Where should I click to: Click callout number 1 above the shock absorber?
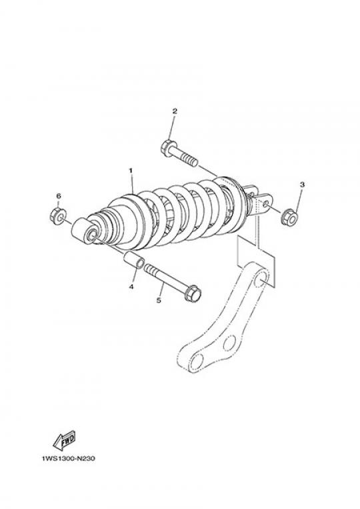131,170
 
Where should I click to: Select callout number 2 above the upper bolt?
175,111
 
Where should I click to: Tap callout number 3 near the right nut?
302,185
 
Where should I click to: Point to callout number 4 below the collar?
131,286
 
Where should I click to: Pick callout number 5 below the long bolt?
159,300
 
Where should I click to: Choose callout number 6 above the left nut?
59,196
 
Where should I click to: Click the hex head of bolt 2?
167,148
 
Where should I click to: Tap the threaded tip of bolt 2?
191,161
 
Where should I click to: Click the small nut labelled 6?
58,216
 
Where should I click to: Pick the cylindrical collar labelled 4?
134,260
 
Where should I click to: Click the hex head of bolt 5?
193,292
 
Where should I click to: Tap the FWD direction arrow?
64,440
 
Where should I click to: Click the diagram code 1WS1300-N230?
69,458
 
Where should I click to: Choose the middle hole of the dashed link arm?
229,343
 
